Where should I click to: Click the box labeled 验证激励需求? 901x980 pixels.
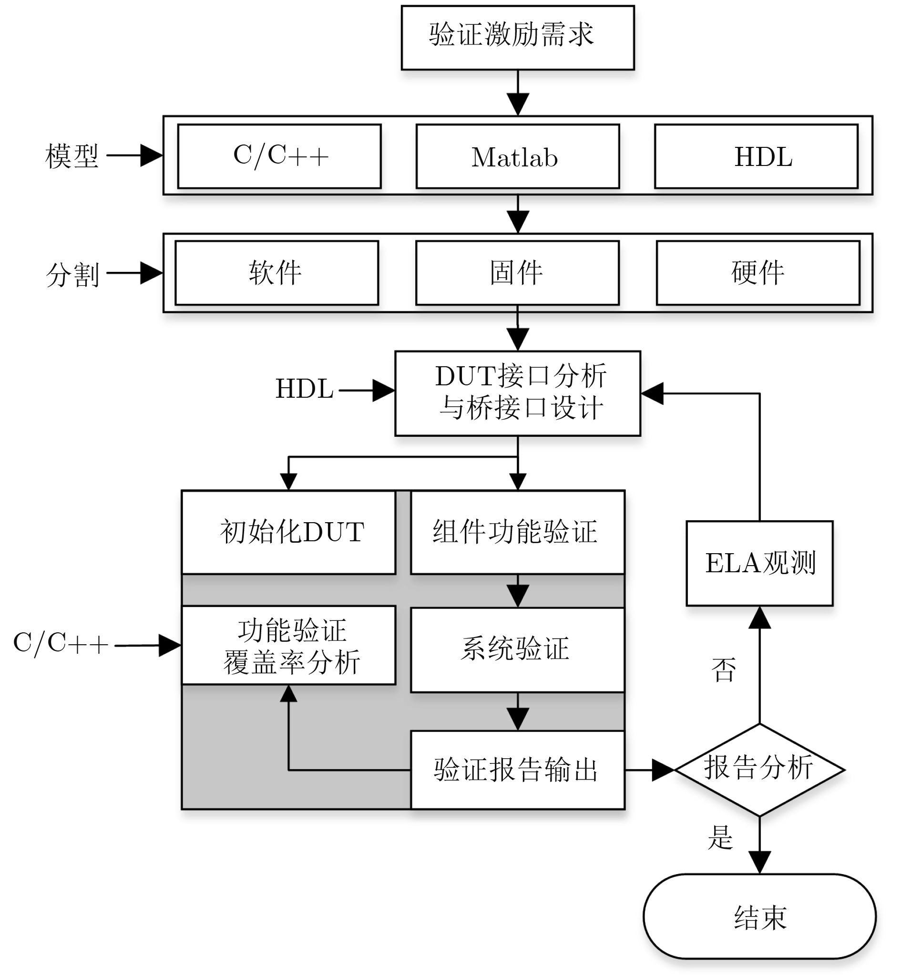tap(518, 38)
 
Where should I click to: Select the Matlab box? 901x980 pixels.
tap(518, 156)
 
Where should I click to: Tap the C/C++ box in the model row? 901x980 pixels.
tap(279, 156)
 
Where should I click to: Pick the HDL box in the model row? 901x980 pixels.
tap(756, 156)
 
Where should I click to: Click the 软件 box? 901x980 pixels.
tap(277, 273)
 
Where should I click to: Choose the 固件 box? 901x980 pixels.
tap(517, 273)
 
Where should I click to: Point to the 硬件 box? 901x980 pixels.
tap(758, 273)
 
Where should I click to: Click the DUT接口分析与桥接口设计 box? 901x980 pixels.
tap(518, 393)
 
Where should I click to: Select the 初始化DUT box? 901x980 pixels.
tap(288, 532)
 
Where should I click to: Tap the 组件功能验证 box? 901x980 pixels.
tap(518, 532)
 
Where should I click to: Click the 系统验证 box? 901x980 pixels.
tap(518, 650)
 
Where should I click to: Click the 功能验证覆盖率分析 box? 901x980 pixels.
tap(288, 645)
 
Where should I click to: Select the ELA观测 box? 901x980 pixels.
tap(759, 563)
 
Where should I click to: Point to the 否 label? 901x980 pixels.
tap(724, 670)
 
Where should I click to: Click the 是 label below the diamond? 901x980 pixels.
tap(720, 837)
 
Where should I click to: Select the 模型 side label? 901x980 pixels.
tap(72, 156)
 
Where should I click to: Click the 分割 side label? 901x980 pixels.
tap(72, 275)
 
